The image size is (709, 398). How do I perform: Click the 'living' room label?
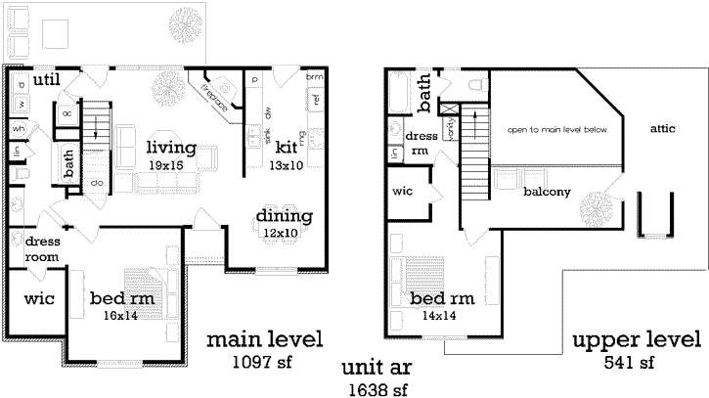click(x=172, y=148)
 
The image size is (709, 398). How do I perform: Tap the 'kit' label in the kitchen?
click(x=286, y=147)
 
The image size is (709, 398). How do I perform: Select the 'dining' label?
click(x=284, y=216)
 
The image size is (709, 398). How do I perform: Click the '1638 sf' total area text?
click(x=376, y=390)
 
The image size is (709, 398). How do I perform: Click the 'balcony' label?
click(x=547, y=192)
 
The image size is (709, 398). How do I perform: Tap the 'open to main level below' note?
click(x=557, y=129)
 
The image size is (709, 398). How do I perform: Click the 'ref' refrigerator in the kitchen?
click(x=316, y=99)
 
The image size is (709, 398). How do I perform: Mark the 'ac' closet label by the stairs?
click(x=67, y=113)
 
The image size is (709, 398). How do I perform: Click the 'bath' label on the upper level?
click(x=426, y=94)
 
